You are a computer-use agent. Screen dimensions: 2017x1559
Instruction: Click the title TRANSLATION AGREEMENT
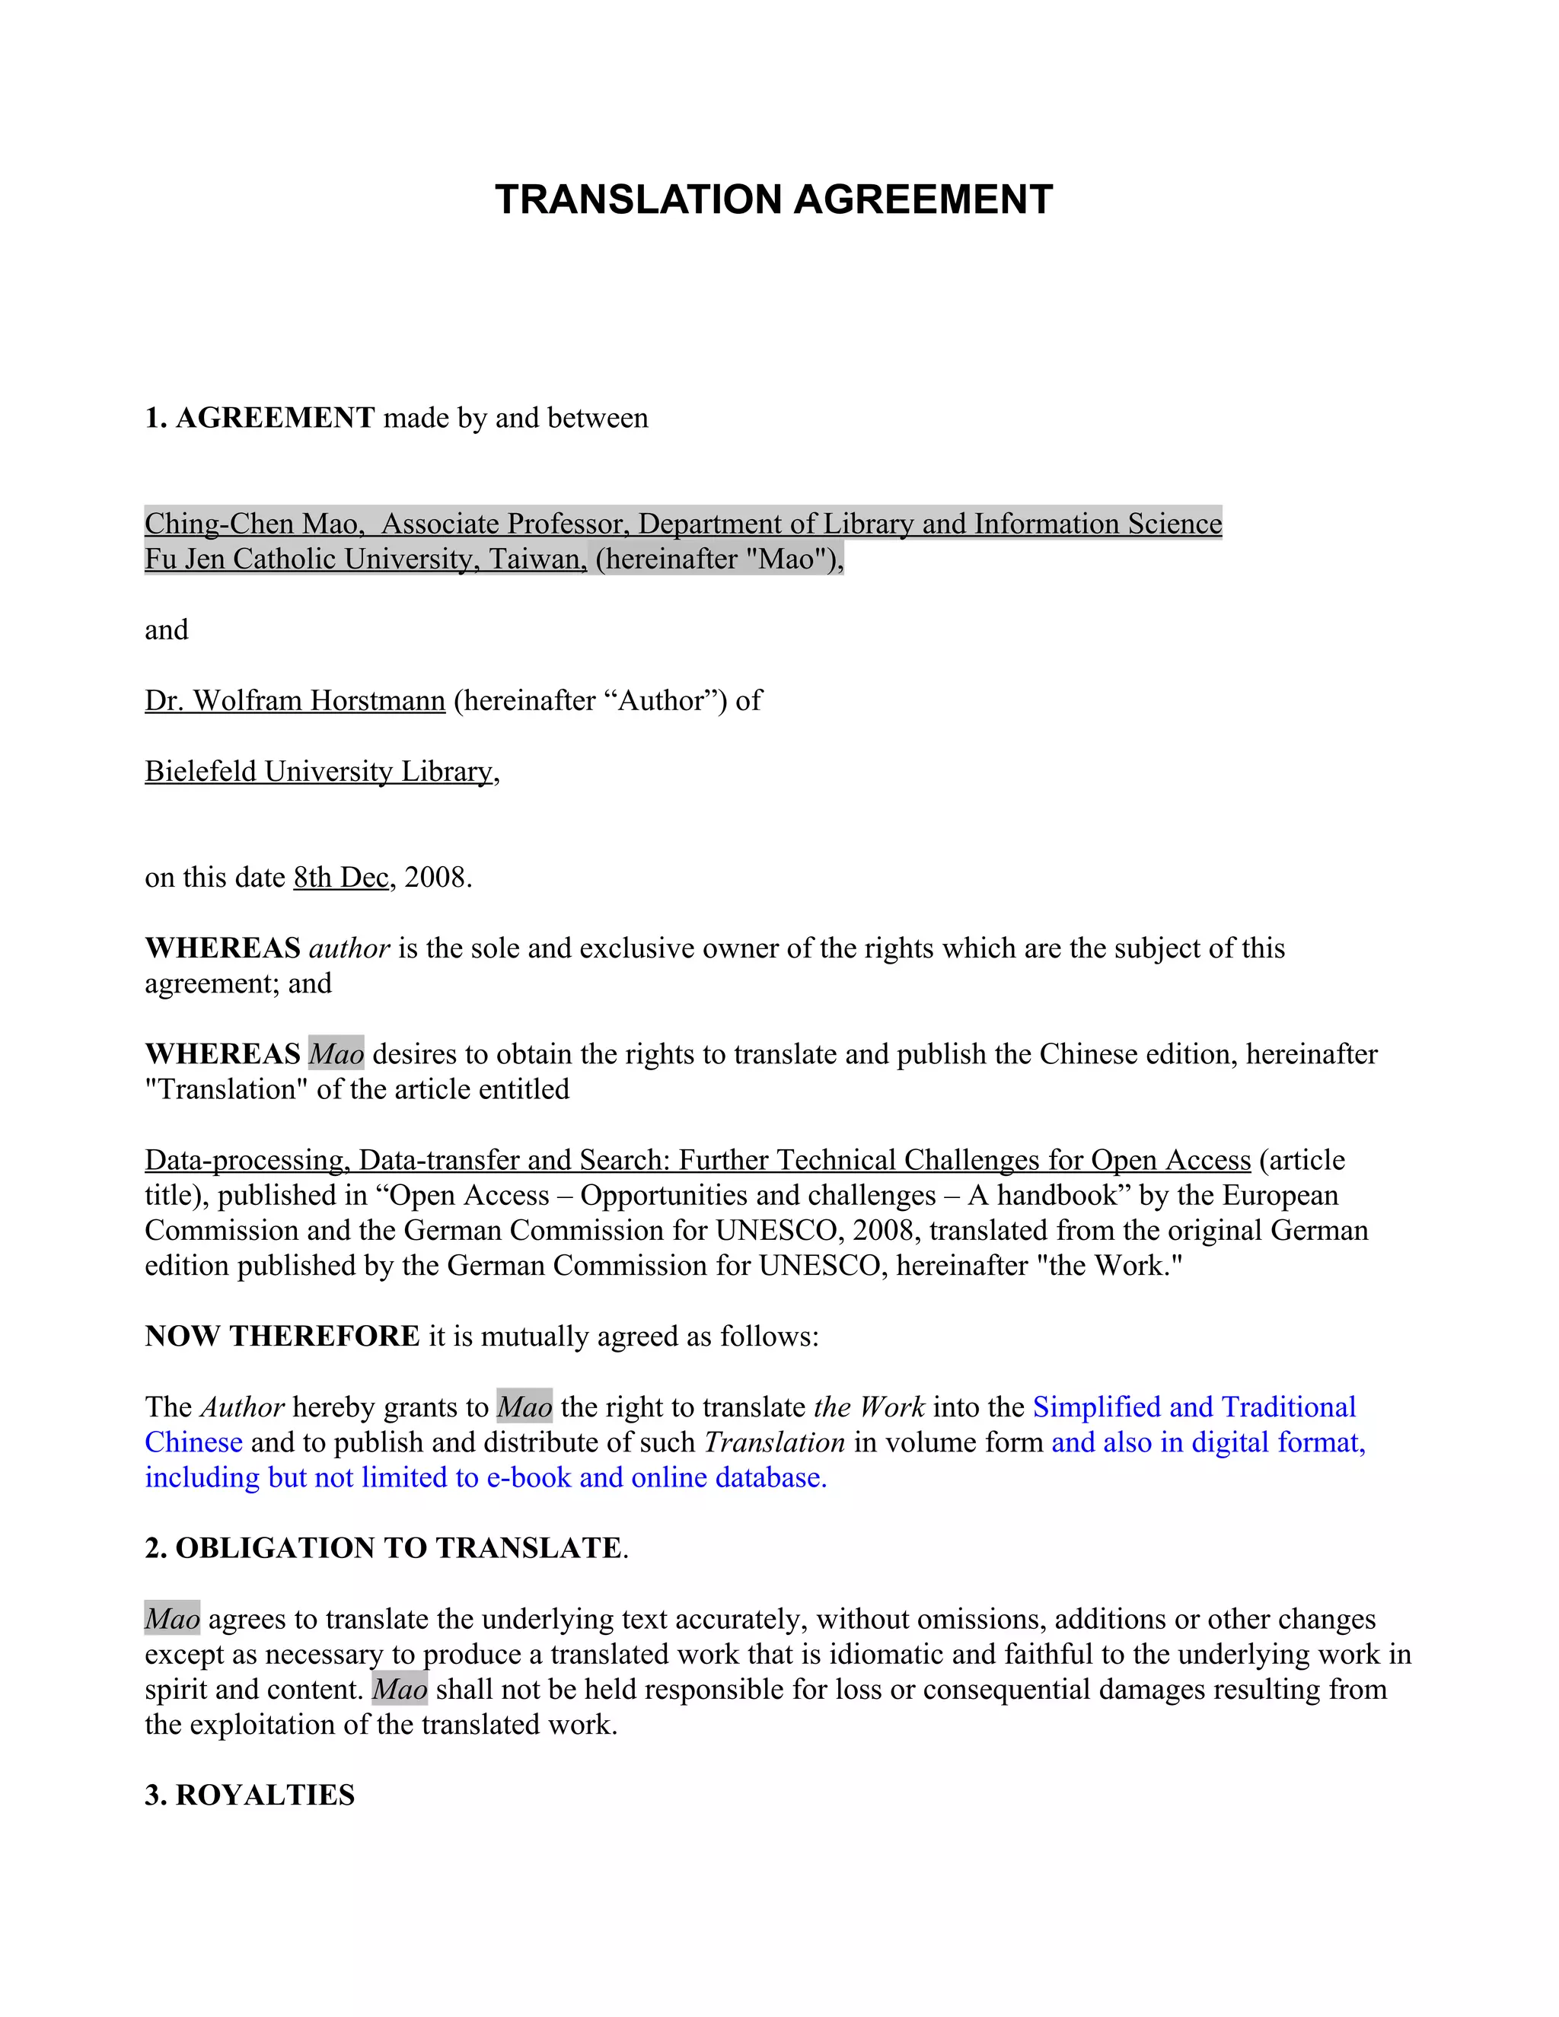(x=773, y=199)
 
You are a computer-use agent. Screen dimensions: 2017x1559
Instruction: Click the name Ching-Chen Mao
(x=250, y=524)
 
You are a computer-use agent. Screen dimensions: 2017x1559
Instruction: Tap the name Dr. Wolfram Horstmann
(x=295, y=700)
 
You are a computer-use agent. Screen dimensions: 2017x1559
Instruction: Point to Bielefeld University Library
(x=319, y=771)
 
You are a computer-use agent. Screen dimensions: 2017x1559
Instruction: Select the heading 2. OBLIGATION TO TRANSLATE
(x=384, y=1548)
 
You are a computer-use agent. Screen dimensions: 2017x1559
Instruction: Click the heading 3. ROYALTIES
(x=250, y=1795)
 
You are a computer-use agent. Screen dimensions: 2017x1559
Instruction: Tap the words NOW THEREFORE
(x=282, y=1336)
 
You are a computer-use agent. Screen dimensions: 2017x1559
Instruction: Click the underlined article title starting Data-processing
(x=697, y=1159)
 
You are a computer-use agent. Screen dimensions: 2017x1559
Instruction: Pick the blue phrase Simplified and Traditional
(x=1194, y=1407)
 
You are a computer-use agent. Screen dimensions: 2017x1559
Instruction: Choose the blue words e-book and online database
(x=655, y=1477)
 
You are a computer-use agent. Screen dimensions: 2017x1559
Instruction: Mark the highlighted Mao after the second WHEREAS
(x=336, y=1053)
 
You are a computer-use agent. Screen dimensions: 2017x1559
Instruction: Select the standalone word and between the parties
(x=166, y=630)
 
